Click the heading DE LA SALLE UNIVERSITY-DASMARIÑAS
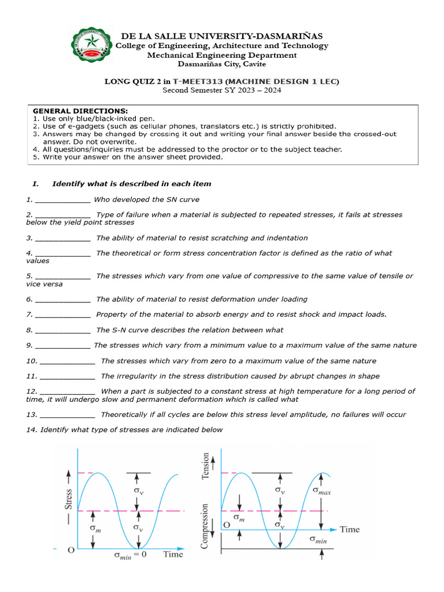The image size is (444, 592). coord(221,36)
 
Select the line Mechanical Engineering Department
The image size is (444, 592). coord(222,55)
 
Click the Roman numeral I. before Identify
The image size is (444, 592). coord(35,184)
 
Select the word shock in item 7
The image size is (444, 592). coord(323,314)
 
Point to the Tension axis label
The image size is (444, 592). coord(205,466)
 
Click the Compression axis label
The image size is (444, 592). coord(205,525)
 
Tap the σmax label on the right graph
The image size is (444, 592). coord(325,490)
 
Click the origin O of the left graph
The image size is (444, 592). coord(71,550)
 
